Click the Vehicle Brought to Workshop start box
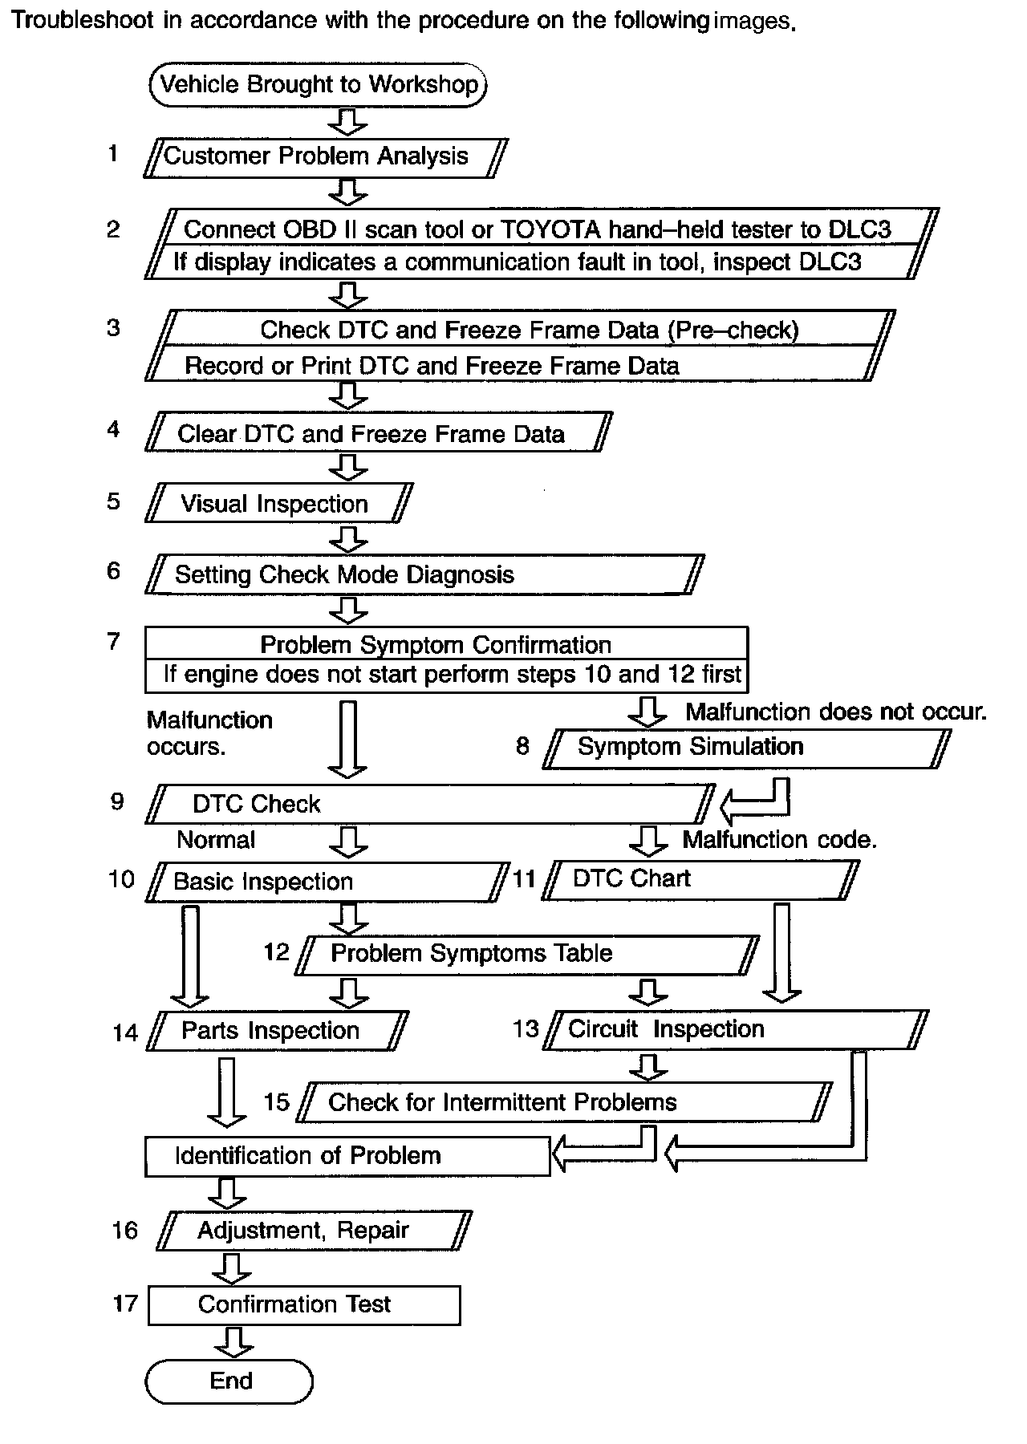(318, 85)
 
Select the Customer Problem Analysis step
(325, 156)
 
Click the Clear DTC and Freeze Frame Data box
(377, 433)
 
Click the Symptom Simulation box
(746, 748)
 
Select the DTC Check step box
(429, 804)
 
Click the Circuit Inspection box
(734, 1030)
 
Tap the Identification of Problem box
(347, 1156)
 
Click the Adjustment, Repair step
(314, 1231)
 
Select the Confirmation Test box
(304, 1304)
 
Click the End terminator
(229, 1381)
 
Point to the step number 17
(126, 1303)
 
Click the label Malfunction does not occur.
(835, 712)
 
